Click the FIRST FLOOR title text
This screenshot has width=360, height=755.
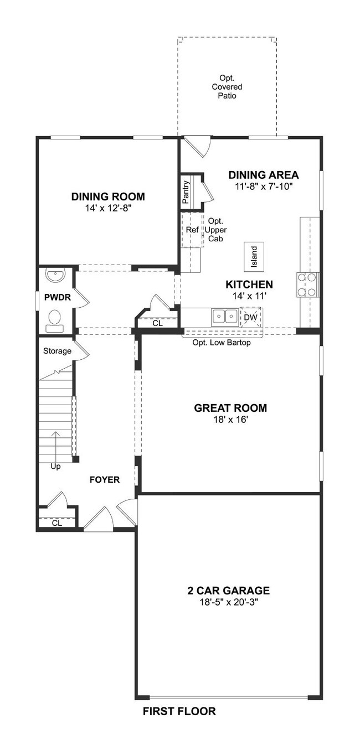click(x=179, y=711)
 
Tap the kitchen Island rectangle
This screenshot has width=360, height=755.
click(x=254, y=256)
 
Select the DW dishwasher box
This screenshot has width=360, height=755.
click(x=251, y=317)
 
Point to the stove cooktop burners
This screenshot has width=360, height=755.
click(x=307, y=285)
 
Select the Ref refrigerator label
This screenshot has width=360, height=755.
click(x=192, y=230)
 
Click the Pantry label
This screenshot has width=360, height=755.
click(x=186, y=192)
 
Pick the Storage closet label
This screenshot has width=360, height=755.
click(x=58, y=351)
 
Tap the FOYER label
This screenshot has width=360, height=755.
click(x=105, y=480)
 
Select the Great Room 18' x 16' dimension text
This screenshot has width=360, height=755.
click(x=230, y=420)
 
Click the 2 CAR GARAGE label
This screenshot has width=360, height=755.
click(x=229, y=591)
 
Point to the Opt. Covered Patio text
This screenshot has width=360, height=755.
click(x=227, y=86)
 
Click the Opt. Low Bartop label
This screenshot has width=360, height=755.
click(x=222, y=343)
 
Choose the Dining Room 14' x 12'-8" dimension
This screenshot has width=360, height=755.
click(x=108, y=208)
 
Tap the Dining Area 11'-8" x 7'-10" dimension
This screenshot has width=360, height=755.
click(x=264, y=186)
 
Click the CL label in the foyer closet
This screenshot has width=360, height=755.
click(x=57, y=523)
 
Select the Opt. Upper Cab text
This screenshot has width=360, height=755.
click(x=215, y=230)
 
